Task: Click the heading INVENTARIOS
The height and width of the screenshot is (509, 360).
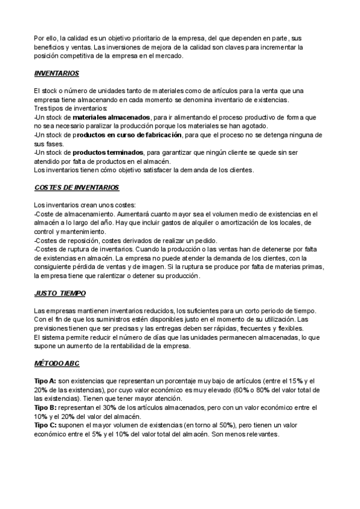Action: point(57,73)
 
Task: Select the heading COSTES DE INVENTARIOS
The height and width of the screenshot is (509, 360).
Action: point(77,188)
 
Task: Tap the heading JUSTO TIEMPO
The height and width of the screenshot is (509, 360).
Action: point(60,293)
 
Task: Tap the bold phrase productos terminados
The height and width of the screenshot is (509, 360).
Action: point(108,152)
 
